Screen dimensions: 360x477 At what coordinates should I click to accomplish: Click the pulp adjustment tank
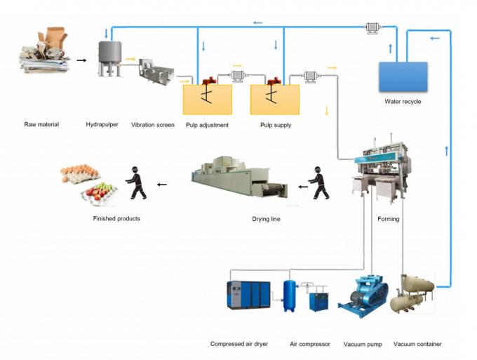click(207, 99)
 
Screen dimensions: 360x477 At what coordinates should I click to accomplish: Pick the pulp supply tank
click(274, 99)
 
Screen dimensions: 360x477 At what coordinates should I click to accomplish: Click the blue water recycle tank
click(403, 76)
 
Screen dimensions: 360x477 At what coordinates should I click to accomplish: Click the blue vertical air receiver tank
click(289, 295)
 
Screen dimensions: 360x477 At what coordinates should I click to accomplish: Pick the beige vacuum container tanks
click(412, 293)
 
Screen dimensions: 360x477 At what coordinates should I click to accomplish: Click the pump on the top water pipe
click(372, 28)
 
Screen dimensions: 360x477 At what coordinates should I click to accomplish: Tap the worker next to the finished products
click(137, 182)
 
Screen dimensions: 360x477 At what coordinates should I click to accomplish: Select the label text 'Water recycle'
click(403, 101)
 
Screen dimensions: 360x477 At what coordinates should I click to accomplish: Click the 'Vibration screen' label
click(152, 125)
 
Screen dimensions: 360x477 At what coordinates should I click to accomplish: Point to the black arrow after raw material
click(82, 60)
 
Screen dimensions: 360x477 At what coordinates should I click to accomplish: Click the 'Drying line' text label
click(266, 219)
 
